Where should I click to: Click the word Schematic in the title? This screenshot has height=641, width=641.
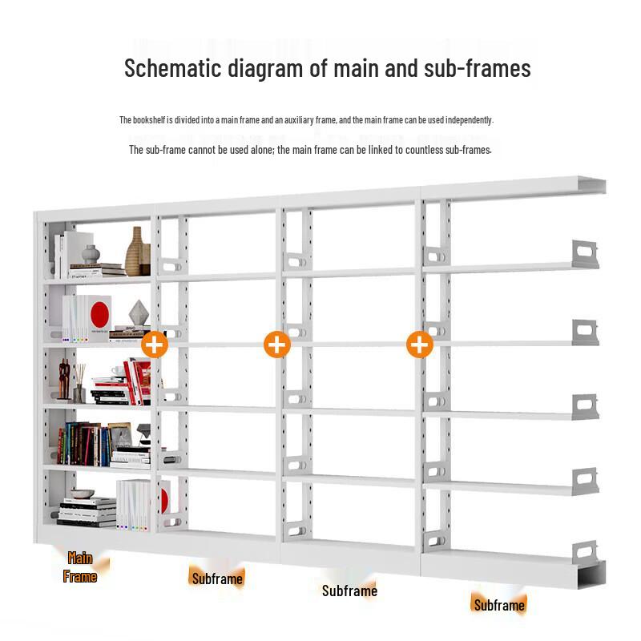[172, 68]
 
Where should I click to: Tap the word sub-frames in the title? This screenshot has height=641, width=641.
[477, 68]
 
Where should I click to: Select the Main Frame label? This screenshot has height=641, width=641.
[80, 567]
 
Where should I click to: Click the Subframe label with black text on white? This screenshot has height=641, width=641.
[349, 591]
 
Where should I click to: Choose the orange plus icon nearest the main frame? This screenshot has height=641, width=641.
[155, 345]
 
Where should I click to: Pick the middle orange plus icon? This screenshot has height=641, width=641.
[277, 345]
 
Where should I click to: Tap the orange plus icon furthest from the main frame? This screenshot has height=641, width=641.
[420, 345]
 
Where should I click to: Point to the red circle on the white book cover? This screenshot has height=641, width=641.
[99, 314]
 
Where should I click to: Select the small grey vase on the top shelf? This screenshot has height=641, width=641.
[91, 254]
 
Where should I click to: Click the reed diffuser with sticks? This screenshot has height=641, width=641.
[79, 383]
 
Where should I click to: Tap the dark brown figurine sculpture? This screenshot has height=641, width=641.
[64, 379]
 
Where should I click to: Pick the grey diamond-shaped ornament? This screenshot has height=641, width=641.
[138, 313]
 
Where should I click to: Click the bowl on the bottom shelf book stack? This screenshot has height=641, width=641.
[83, 494]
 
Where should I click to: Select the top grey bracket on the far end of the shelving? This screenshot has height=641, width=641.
[586, 254]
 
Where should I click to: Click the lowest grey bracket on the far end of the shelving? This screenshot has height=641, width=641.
[586, 552]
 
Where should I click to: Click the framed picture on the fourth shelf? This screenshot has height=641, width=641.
[120, 435]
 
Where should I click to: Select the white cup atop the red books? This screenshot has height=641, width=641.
[119, 371]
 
